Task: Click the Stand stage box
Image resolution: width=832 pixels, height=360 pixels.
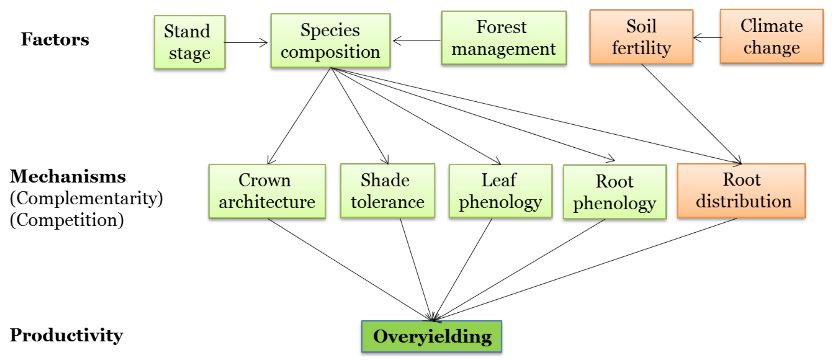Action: click(x=190, y=42)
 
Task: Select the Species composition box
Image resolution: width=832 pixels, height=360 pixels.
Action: click(x=330, y=41)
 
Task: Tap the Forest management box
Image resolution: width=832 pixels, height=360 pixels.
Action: click(x=504, y=38)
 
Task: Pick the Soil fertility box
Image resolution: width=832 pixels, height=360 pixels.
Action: click(x=641, y=37)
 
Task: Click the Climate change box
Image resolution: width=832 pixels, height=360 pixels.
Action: click(x=771, y=36)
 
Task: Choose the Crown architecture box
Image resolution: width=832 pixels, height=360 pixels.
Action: click(x=267, y=191)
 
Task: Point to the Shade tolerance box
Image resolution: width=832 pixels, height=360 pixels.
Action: click(x=387, y=191)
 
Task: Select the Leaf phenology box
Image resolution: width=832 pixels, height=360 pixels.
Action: click(x=500, y=191)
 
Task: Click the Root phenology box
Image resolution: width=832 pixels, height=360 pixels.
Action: click(x=614, y=192)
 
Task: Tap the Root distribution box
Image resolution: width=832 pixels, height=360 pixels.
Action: click(x=741, y=191)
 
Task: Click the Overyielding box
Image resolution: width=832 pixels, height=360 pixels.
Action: click(x=431, y=336)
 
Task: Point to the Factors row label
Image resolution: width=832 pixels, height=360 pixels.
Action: click(x=55, y=39)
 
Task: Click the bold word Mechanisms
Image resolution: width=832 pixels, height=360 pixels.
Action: click(x=68, y=177)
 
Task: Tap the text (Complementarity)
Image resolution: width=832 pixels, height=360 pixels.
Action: click(x=86, y=198)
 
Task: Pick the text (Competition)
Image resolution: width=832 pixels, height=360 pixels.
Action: click(x=67, y=220)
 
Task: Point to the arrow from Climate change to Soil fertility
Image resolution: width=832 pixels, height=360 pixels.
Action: click(x=707, y=38)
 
